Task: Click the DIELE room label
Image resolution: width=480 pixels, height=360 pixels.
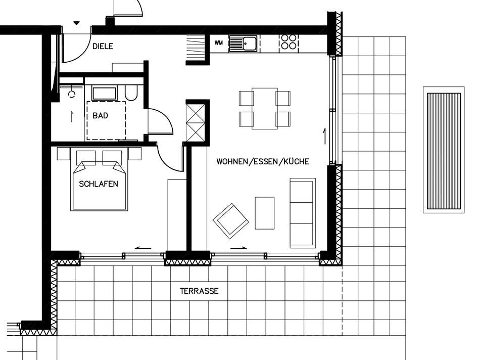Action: [103, 46]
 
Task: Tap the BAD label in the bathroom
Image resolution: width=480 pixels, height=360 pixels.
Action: [101, 116]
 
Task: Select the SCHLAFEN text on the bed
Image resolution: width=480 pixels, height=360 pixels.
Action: [99, 184]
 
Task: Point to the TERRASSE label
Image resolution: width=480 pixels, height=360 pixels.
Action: [199, 291]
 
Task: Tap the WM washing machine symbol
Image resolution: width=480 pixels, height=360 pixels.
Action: [219, 43]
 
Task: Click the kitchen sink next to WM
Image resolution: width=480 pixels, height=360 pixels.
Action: [243, 43]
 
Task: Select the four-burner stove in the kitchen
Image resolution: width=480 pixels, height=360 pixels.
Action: [289, 42]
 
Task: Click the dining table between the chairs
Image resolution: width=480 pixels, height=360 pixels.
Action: [265, 109]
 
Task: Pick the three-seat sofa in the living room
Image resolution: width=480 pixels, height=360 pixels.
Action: [303, 213]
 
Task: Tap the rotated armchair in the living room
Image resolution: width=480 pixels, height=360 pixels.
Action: [231, 221]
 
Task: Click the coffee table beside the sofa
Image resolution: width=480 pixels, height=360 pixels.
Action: [265, 213]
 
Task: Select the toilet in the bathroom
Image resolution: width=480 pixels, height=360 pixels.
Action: [131, 93]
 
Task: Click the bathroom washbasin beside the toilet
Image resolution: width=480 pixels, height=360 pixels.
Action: [105, 94]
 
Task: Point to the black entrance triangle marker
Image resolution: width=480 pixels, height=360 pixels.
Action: [76, 23]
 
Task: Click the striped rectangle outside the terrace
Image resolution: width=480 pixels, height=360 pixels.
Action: [444, 151]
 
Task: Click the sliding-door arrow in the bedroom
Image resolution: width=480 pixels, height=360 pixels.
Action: [143, 248]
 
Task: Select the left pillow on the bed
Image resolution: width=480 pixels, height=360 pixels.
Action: [86, 157]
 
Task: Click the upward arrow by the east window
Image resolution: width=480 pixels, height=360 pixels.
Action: [324, 137]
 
